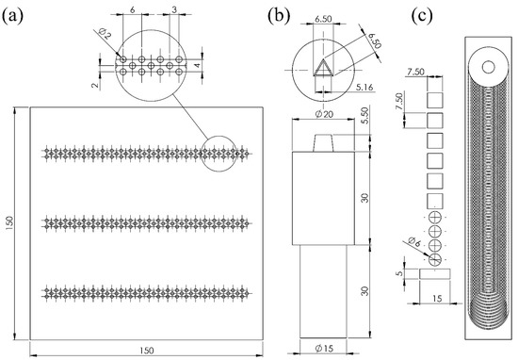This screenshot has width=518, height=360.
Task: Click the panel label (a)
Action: (13, 16)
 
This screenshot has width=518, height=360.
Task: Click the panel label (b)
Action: (279, 16)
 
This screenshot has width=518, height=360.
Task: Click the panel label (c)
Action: (422, 16)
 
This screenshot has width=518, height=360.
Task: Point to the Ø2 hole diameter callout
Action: (105, 34)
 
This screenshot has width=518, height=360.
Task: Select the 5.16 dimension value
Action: (364, 87)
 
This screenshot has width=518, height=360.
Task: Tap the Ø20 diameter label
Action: (324, 114)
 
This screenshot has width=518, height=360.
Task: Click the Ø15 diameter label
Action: (324, 348)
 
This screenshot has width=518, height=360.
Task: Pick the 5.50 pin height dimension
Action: (364, 116)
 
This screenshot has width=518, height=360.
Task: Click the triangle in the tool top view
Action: (323, 68)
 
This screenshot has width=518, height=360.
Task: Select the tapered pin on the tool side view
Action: (323, 143)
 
